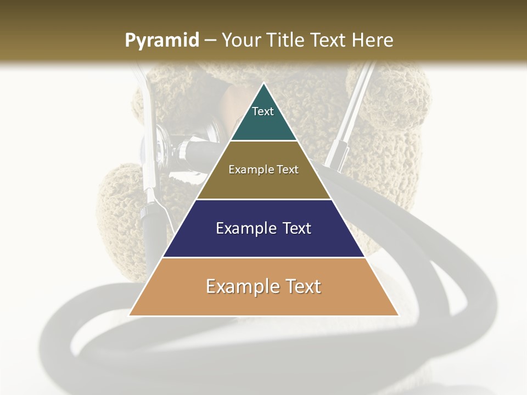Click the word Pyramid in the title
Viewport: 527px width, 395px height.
[162, 41]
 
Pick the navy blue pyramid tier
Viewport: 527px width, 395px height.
[263, 241]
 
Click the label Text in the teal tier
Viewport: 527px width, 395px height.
[263, 111]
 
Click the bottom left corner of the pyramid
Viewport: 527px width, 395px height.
[130, 315]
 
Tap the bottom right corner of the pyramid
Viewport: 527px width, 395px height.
[398, 315]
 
